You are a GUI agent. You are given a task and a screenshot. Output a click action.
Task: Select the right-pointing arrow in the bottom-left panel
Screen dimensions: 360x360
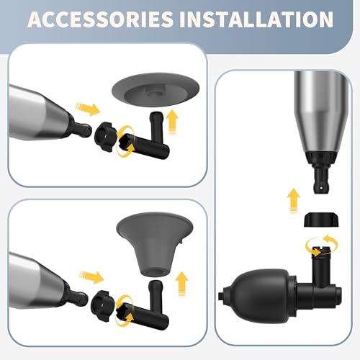click(90, 275)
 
